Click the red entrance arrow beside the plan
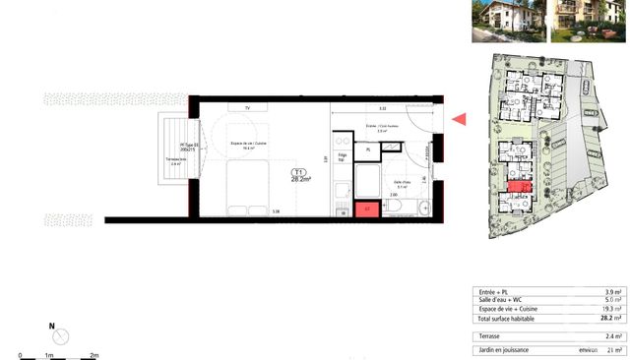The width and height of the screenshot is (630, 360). (459, 120)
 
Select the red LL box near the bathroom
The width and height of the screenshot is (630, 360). (366, 208)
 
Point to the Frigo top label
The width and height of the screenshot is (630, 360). (342, 157)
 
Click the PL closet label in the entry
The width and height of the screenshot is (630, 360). (368, 149)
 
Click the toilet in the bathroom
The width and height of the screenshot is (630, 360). (421, 207)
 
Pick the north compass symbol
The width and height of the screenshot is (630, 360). (61, 335)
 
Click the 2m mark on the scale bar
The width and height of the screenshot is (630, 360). (94, 353)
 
